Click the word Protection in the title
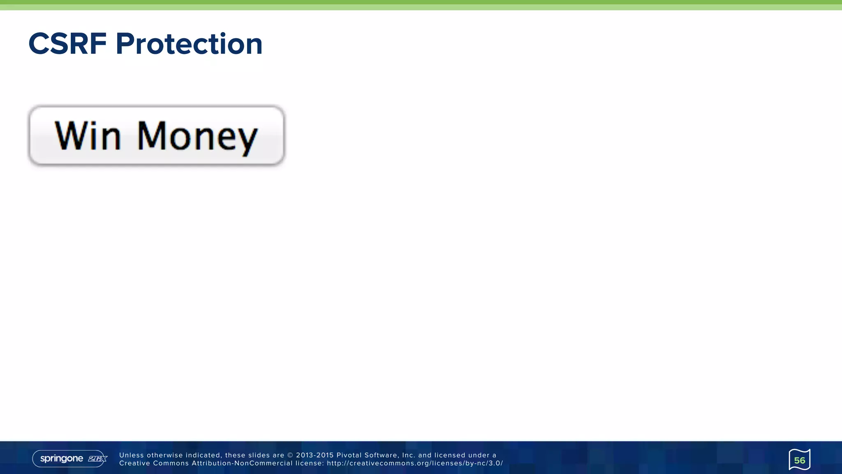[x=189, y=44]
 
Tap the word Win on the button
[x=88, y=135]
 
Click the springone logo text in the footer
[x=62, y=458]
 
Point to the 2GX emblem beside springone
[x=97, y=458]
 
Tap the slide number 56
[x=799, y=460]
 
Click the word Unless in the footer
[x=132, y=455]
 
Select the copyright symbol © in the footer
[x=290, y=455]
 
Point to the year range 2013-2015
[x=315, y=455]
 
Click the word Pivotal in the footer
[x=349, y=455]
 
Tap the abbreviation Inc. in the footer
[x=409, y=455]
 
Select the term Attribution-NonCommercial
[x=242, y=463]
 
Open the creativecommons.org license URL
[x=415, y=463]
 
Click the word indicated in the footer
[x=203, y=455]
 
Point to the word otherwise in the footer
[x=164, y=455]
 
